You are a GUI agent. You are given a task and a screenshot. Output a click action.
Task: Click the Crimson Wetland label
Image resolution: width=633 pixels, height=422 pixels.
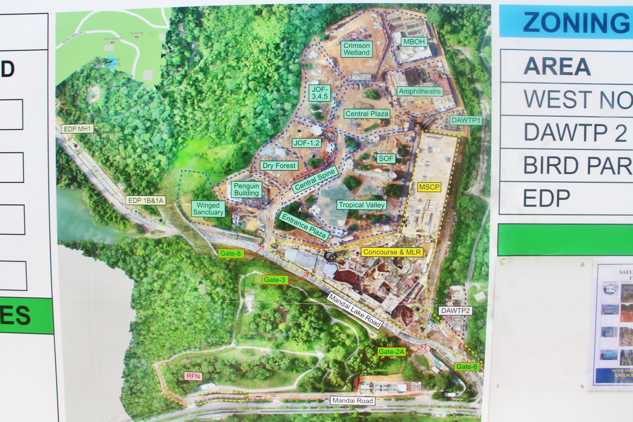coord(356,49)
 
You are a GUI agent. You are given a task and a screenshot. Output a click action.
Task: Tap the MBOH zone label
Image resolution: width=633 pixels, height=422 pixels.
coord(414,42)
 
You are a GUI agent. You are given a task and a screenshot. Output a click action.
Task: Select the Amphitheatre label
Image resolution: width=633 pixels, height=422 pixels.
coord(420,91)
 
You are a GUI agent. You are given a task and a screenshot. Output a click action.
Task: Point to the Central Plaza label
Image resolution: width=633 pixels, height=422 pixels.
coord(367,114)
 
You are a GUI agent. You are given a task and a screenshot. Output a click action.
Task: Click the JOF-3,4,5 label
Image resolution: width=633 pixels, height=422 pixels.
coord(320,93)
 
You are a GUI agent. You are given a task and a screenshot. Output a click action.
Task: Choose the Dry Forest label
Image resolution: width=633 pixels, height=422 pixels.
coord(279,166)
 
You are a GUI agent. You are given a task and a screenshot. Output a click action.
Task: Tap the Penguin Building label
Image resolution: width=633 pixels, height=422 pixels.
coord(246,190)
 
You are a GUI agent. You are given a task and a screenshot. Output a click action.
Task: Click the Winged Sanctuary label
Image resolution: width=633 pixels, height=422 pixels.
coord(208,209)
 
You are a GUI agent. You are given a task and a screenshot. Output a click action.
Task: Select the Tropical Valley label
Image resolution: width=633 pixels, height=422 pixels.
coord(362,205)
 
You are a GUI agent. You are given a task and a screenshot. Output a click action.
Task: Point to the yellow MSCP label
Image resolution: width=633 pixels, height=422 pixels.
coord(429,187)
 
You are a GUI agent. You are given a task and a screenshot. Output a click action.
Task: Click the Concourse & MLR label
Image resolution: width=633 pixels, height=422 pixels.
coord(392,252)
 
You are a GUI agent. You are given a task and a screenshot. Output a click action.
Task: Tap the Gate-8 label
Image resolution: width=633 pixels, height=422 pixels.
coord(230,254)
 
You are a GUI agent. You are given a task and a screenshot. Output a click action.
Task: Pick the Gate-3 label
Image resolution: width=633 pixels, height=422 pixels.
coord(274,280)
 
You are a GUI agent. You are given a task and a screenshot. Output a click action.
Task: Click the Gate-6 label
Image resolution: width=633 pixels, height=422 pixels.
coord(467,367)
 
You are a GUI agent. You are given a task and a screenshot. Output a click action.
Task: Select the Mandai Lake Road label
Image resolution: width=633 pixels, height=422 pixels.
coord(354,311)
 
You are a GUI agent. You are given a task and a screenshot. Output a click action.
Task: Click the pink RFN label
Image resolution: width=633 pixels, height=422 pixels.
coord(193,376)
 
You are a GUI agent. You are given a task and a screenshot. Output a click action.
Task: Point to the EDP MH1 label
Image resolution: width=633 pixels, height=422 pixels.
coord(77,129)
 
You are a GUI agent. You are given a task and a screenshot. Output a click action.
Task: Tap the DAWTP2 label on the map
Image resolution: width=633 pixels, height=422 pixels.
coord(455,311)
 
